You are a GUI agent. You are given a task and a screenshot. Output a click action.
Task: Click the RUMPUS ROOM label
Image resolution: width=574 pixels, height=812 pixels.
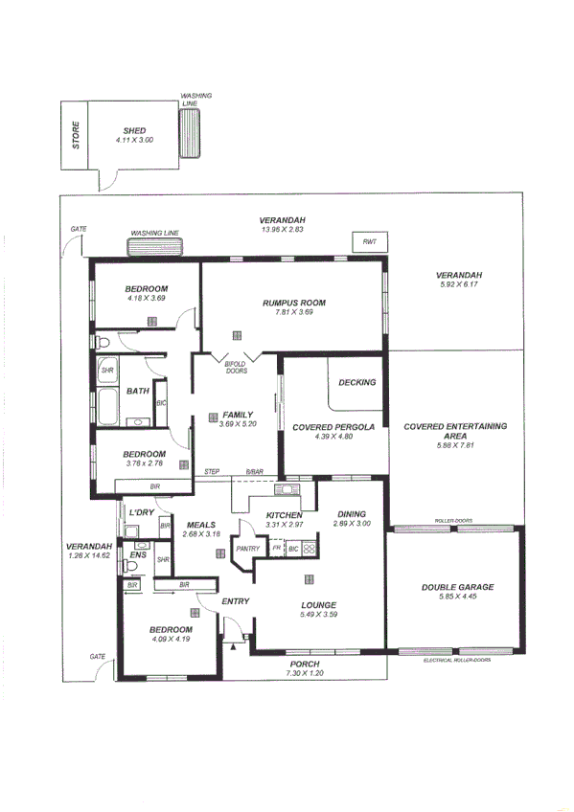[x=294, y=303]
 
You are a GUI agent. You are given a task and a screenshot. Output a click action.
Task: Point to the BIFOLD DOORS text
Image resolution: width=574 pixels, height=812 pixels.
[x=236, y=368]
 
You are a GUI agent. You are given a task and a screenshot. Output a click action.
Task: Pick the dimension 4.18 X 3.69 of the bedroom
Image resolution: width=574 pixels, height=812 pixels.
[x=147, y=299]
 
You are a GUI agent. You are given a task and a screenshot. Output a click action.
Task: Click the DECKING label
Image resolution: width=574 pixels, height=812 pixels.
[x=357, y=382]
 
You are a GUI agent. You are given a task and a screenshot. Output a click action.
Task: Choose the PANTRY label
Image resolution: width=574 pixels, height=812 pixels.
[x=248, y=549]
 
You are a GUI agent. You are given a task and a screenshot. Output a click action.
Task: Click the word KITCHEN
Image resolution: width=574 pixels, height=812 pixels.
[x=284, y=515]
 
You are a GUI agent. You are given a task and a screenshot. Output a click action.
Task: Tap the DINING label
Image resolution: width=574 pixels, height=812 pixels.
[x=351, y=514]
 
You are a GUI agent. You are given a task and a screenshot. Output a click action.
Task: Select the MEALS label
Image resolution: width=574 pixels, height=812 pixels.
[x=200, y=524]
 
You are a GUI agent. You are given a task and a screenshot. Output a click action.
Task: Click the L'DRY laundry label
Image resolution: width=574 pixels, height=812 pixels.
[x=141, y=513]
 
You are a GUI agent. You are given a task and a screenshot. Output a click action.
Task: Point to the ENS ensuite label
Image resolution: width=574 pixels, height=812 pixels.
[x=138, y=554]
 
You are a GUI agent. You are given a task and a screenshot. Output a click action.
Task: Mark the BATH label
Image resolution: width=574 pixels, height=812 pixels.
[x=137, y=391]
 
